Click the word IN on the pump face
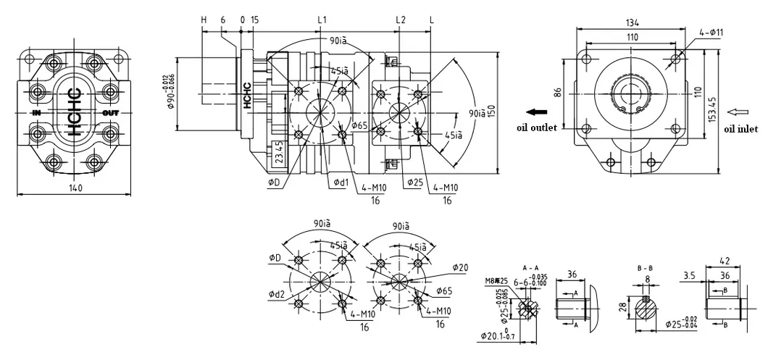[x=36, y=113]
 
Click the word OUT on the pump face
[x=110, y=113]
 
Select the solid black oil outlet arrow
[x=536, y=112]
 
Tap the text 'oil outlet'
[x=536, y=128]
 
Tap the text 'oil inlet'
[x=740, y=129]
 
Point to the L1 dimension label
[x=322, y=19]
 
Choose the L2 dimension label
[x=400, y=19]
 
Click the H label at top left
[x=204, y=19]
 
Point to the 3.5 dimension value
[x=690, y=275]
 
